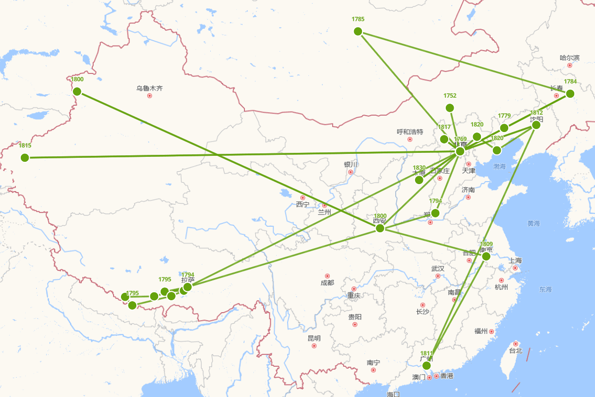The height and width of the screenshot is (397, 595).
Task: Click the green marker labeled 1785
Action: coord(358,31)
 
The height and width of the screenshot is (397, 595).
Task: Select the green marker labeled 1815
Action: coord(25,158)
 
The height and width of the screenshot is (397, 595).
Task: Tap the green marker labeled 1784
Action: coord(570,93)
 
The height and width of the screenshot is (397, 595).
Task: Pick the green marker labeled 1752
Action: coord(450,108)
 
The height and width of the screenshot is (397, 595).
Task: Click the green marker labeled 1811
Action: coord(426,365)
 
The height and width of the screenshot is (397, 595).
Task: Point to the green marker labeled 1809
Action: coord(486,256)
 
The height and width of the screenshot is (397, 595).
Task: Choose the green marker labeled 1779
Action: coord(504,128)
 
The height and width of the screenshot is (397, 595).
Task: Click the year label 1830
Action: coord(419,168)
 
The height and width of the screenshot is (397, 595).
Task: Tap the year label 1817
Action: coord(444,127)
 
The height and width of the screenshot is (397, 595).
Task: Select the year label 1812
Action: coord(536,113)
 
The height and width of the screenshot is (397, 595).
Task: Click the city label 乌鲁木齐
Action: coord(149,88)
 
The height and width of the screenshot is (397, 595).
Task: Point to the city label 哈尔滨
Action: coord(569,58)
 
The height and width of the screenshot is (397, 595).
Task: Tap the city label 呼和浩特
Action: coord(410,132)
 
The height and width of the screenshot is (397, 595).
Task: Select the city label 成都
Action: coord(327,283)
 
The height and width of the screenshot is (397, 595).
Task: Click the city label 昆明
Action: coord(314,338)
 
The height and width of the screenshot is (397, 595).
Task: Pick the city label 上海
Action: coord(515,261)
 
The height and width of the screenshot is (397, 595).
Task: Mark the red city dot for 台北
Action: coord(516,344)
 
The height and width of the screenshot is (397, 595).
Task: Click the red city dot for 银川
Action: coord(351,172)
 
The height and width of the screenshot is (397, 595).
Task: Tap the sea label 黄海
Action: coord(534,224)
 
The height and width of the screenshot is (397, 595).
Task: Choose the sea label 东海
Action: coord(545,289)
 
